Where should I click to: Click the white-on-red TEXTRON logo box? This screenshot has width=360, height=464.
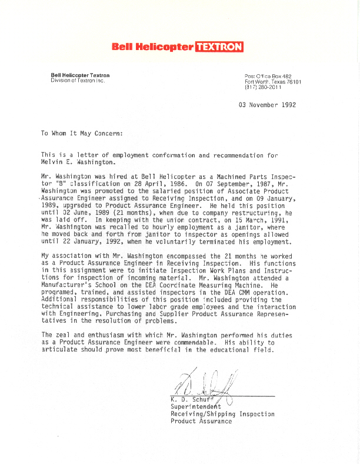218,47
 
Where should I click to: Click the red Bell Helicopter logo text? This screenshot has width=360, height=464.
152,47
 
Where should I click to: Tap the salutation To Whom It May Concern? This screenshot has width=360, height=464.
82,133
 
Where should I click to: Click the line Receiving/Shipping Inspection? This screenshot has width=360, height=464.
222,413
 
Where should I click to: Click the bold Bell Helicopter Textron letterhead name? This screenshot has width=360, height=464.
80,75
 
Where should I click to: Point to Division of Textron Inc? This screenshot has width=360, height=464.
77,80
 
